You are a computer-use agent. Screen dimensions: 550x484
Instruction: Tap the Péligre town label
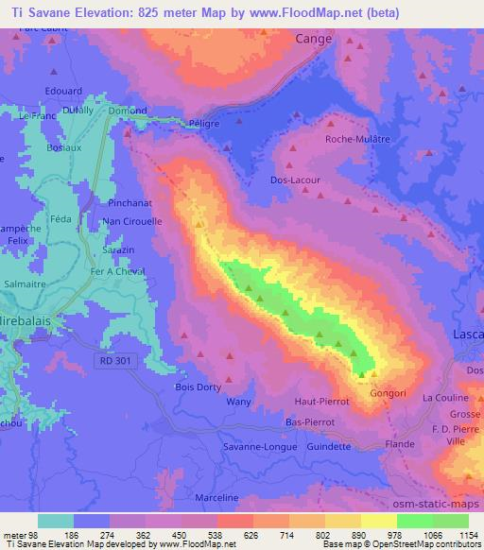[203, 124]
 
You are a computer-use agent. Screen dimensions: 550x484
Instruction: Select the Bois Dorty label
[199, 387]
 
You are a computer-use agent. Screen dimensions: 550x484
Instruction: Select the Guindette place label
[330, 447]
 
